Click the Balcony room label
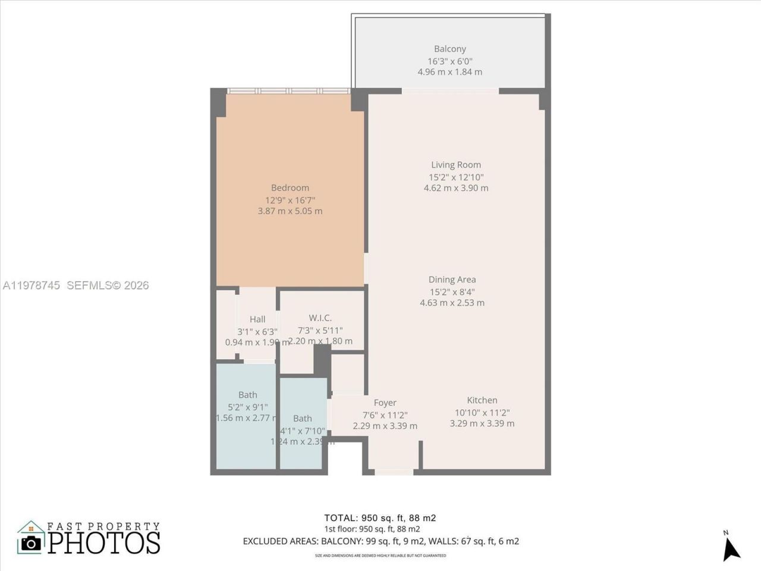(x=449, y=49)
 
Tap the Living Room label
(x=456, y=165)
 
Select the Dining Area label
(x=452, y=280)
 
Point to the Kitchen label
(x=482, y=400)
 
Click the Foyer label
(x=385, y=403)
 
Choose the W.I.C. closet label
(x=320, y=318)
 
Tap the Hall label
(x=257, y=319)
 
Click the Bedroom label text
(x=290, y=188)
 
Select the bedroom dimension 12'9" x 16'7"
(x=290, y=200)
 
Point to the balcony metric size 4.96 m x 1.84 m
(x=449, y=72)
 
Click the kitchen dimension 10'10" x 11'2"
(x=482, y=412)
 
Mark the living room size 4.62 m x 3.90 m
(x=456, y=188)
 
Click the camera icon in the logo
(x=31, y=542)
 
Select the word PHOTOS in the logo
(x=104, y=542)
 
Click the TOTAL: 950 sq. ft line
(x=380, y=518)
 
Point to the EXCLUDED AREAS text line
(x=380, y=541)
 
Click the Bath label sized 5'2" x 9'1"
(x=248, y=395)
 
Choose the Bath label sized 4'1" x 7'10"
(x=302, y=419)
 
